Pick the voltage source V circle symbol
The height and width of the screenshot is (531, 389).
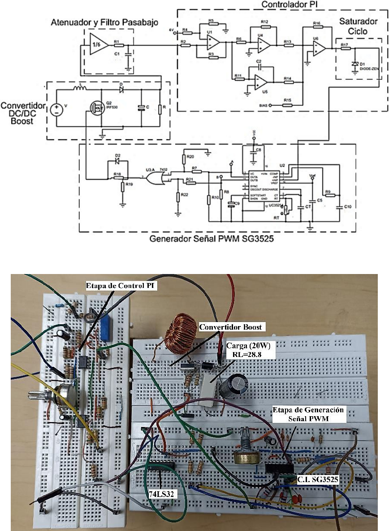pos(56,109)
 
